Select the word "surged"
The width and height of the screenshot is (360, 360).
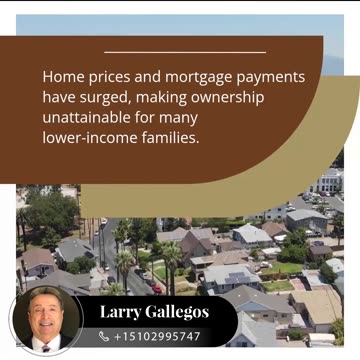(x=105, y=97)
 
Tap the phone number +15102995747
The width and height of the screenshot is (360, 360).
(x=157, y=337)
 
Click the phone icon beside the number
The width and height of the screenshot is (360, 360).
(x=104, y=337)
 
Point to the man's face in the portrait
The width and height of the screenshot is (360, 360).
(x=44, y=314)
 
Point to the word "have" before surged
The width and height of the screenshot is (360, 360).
(x=59, y=97)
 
